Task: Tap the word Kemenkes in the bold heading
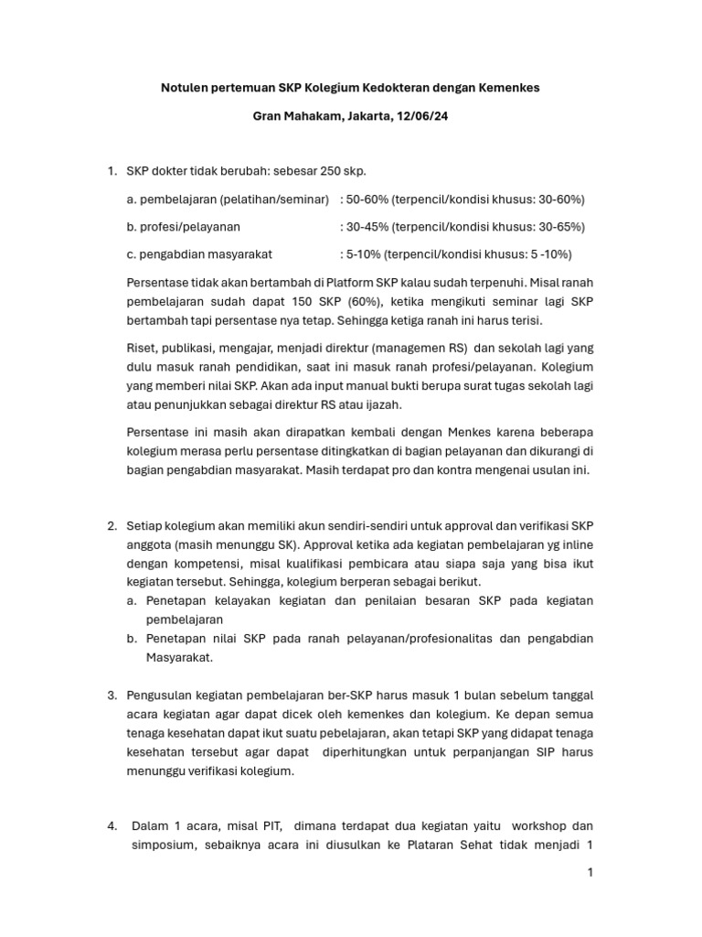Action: tap(505, 88)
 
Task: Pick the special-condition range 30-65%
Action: tap(550, 226)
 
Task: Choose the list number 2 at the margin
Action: tap(111, 525)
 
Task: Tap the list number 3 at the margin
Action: tap(111, 695)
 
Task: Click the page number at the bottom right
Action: tap(590, 873)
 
